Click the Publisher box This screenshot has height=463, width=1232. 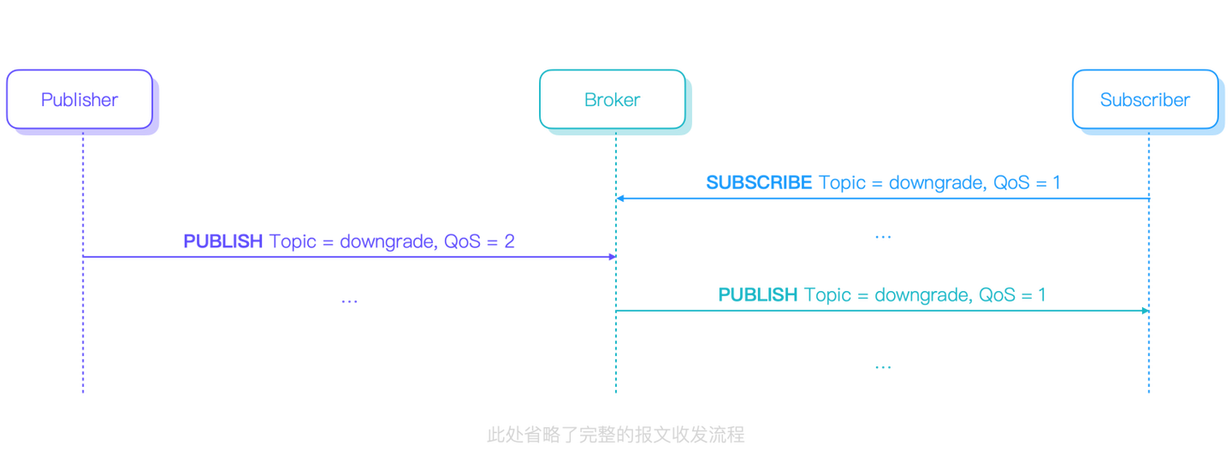[x=80, y=100]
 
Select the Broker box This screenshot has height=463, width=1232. [x=613, y=100]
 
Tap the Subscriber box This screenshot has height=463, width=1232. [x=1145, y=100]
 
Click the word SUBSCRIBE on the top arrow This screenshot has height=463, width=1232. [x=758, y=182]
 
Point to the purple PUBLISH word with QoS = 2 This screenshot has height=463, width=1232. [x=222, y=241]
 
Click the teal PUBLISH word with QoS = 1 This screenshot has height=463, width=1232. [x=756, y=295]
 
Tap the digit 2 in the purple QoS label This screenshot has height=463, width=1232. [x=509, y=241]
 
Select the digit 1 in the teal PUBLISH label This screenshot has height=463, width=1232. [x=1042, y=295]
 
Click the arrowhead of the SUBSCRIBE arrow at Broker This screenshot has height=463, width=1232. [x=621, y=199]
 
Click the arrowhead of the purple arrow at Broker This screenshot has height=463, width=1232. [x=612, y=257]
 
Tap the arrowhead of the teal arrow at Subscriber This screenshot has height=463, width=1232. [x=1144, y=311]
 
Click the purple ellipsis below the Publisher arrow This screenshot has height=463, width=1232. [x=349, y=301]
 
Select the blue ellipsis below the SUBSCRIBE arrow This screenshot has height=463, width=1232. [x=883, y=237]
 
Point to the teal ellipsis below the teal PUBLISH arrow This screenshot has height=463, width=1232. [x=883, y=367]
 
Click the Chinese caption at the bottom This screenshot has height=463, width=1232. [x=615, y=436]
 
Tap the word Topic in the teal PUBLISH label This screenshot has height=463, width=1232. [x=826, y=295]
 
